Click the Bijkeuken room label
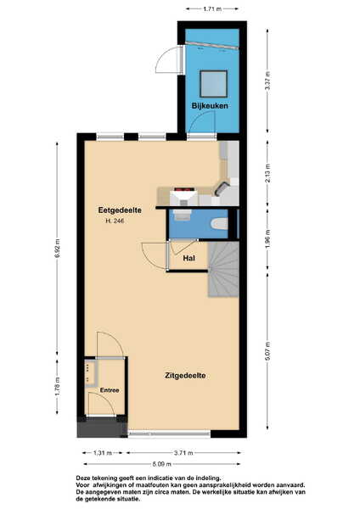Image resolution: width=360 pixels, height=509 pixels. tap(210, 106)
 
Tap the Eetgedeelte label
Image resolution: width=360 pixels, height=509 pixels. tap(120, 210)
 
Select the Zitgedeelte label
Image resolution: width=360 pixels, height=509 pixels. tap(185, 376)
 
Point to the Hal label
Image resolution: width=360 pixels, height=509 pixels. tap(189, 259)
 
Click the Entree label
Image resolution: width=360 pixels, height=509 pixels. tap(110, 390)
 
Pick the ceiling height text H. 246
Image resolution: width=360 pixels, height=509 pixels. tap(115, 221)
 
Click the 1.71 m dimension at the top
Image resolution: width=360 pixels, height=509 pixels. tap(212, 9)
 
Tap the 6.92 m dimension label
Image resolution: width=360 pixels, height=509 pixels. tap(58, 249)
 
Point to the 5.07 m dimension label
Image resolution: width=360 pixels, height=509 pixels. tap(267, 351)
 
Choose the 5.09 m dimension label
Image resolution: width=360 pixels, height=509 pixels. tap(162, 464)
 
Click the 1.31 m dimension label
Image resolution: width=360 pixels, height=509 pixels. tap(103, 453)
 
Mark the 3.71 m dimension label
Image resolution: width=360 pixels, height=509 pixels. tap(183, 453)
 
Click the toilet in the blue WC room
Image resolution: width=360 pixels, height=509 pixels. tap(219, 224)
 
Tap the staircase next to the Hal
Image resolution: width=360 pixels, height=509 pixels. tap(223, 269)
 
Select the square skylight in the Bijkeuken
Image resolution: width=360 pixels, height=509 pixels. tap(213, 84)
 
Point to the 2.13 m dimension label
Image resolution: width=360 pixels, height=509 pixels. tap(267, 173)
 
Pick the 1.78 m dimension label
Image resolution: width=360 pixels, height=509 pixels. tap(58, 386)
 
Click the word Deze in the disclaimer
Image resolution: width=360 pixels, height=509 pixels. tap(83, 478)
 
